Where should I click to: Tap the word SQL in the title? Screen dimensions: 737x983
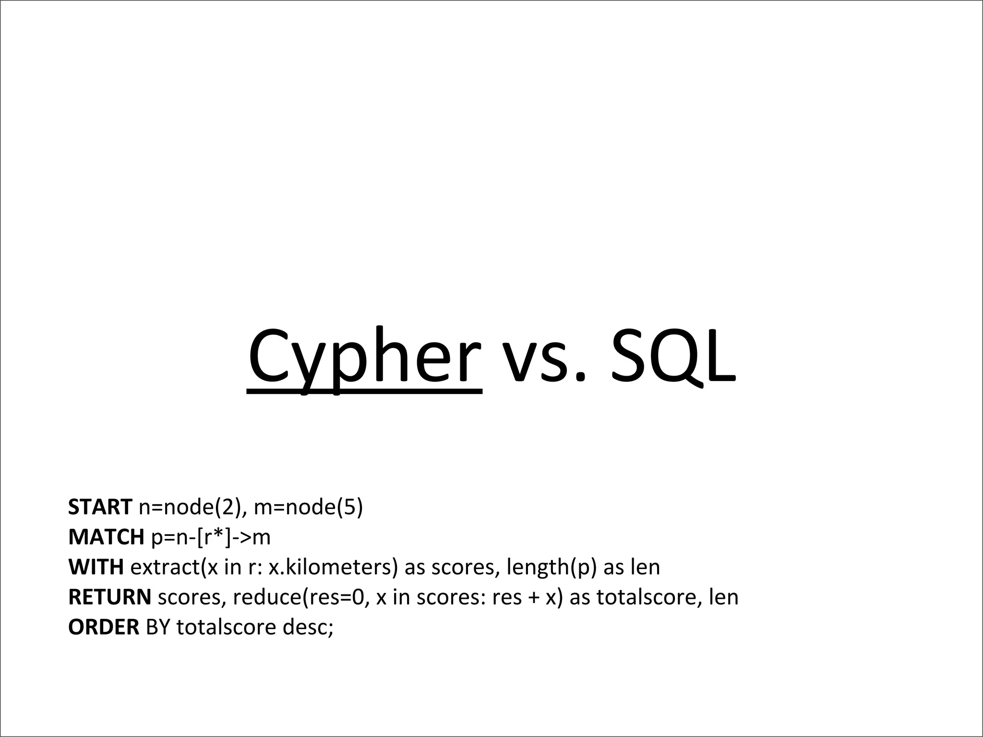click(x=672, y=357)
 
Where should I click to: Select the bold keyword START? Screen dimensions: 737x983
click(x=100, y=507)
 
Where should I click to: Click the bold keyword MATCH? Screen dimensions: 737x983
click(x=106, y=537)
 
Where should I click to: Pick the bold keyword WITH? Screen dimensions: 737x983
click(x=96, y=567)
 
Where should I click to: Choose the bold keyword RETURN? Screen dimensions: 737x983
click(x=109, y=597)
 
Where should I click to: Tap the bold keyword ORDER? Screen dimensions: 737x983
click(x=104, y=628)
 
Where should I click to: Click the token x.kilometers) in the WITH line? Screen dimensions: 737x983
click(x=333, y=568)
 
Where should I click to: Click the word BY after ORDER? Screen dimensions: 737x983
click(x=158, y=628)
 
